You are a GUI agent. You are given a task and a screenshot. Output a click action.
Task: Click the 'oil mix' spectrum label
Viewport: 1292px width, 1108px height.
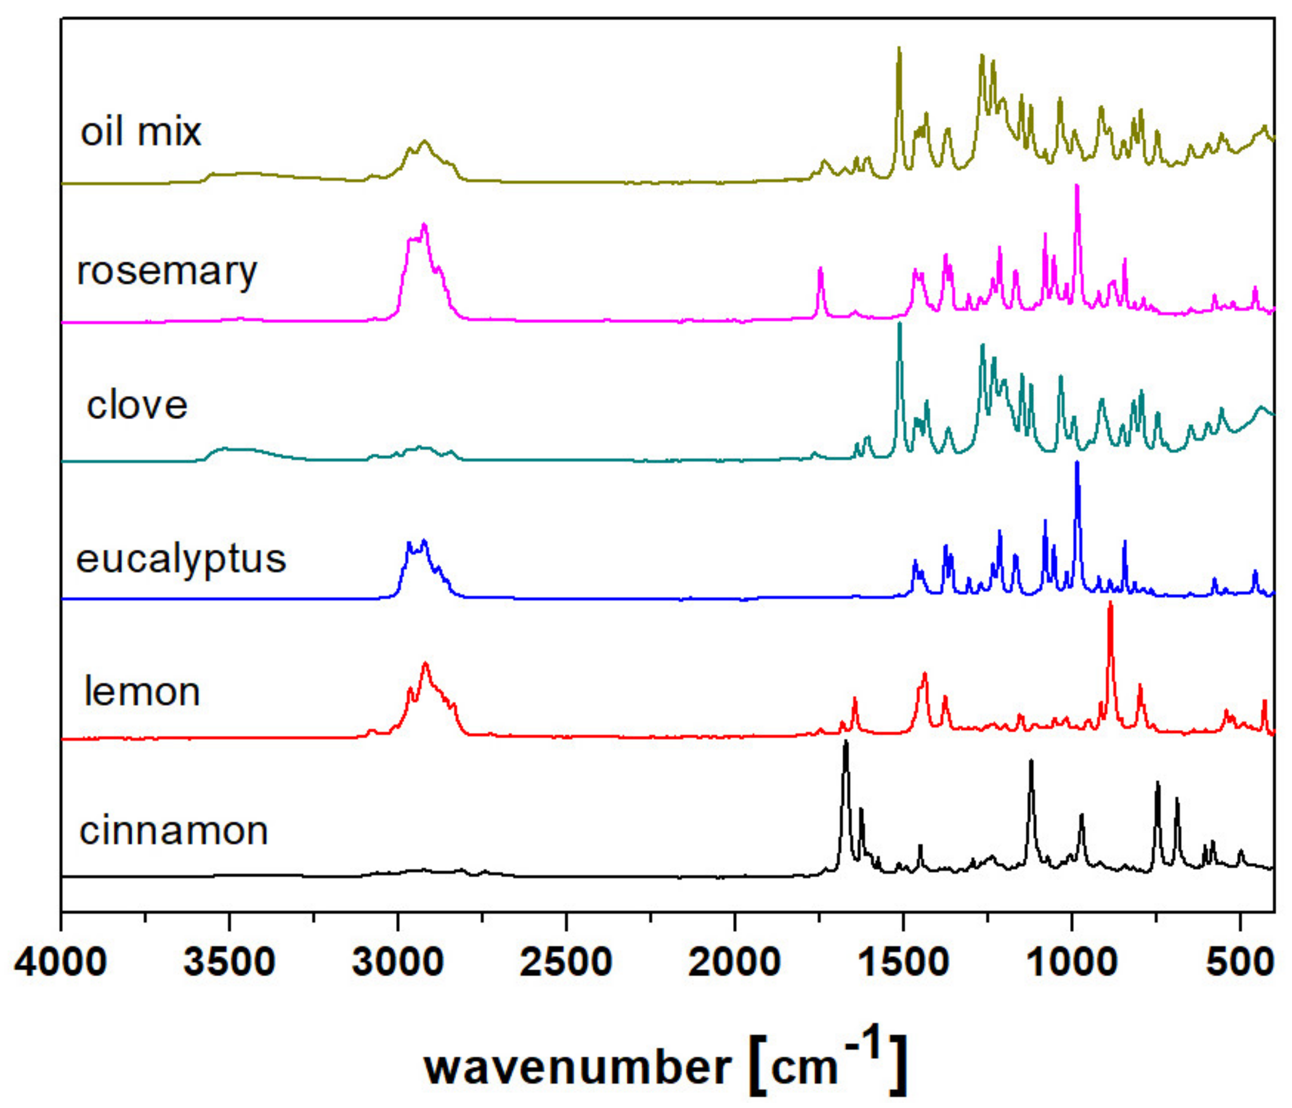[x=140, y=132]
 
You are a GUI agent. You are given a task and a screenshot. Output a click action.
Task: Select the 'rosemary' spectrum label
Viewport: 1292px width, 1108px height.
[x=166, y=272]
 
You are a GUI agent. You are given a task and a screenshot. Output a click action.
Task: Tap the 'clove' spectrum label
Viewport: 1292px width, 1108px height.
[x=137, y=406]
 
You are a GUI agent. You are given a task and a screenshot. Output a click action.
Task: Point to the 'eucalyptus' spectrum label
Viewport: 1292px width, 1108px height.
[x=181, y=559]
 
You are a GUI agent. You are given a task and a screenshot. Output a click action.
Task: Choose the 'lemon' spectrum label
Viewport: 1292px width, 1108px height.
[x=142, y=692]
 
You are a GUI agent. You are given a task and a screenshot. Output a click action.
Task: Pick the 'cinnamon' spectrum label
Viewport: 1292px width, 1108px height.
[x=174, y=832]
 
